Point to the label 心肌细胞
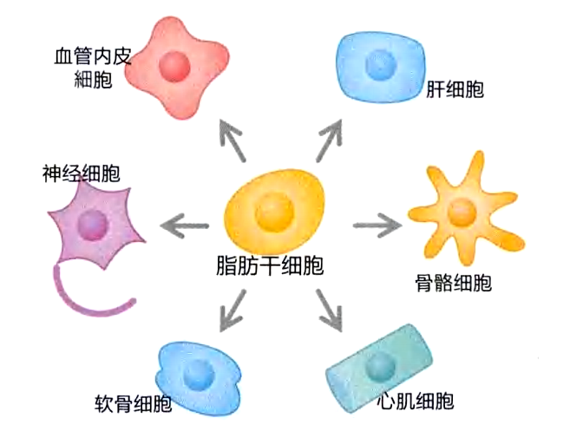click(x=416, y=401)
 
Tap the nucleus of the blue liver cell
click(x=379, y=62)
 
